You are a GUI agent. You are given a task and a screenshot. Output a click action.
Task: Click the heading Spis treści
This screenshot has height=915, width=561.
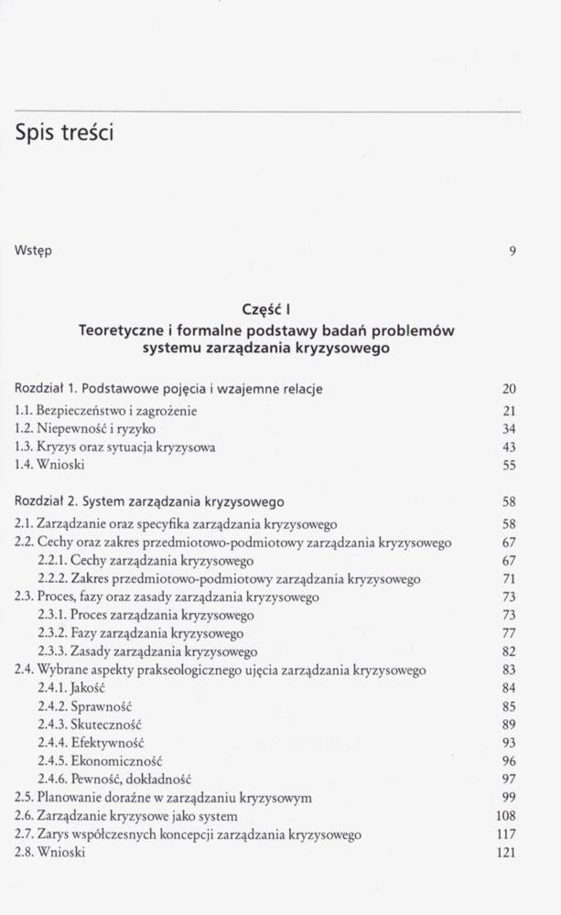pyautogui.click(x=64, y=134)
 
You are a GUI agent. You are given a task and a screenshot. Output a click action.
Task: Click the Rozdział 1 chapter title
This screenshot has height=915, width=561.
pyautogui.click(x=169, y=389)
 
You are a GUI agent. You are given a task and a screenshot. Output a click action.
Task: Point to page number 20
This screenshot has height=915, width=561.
pyautogui.click(x=510, y=389)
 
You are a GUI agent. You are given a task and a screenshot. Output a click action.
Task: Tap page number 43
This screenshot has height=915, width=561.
pyautogui.click(x=510, y=447)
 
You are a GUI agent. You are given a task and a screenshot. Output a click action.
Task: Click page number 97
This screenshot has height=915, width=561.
pyautogui.click(x=510, y=779)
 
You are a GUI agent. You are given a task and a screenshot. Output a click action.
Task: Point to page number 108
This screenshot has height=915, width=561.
pyautogui.click(x=506, y=816)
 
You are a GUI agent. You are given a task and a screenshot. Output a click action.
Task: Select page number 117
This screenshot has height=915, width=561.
pyautogui.click(x=506, y=834)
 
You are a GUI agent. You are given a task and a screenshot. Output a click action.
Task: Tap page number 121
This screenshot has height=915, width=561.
pyautogui.click(x=506, y=853)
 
